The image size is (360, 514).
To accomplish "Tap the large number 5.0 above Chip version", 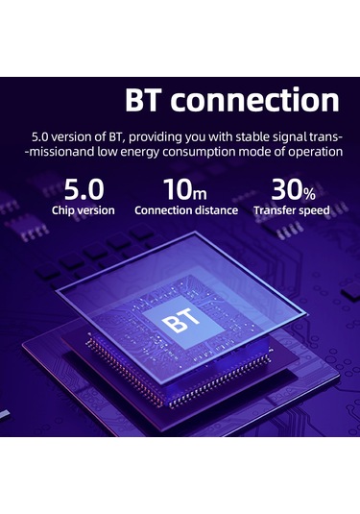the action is click(x=83, y=187).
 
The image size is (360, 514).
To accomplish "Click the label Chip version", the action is click(x=83, y=210).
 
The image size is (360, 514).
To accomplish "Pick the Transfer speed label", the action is click(x=291, y=210).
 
